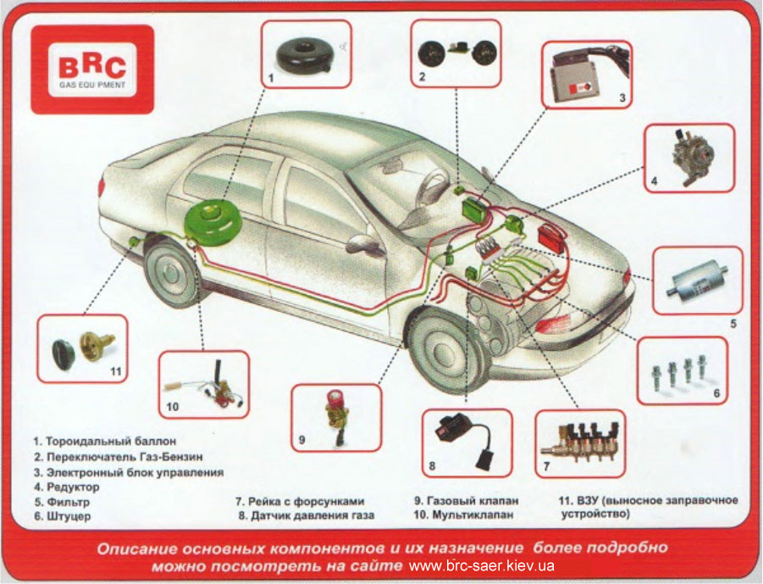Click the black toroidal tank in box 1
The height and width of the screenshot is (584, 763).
[306, 56]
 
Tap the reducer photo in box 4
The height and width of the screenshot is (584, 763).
[690, 156]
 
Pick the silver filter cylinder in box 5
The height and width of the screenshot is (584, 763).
[697, 281]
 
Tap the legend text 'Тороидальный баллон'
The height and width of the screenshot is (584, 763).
[111, 442]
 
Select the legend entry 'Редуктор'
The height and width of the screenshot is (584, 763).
[73, 487]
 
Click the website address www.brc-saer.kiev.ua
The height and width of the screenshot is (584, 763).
[481, 566]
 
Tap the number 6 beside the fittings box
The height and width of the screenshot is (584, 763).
[716, 393]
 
